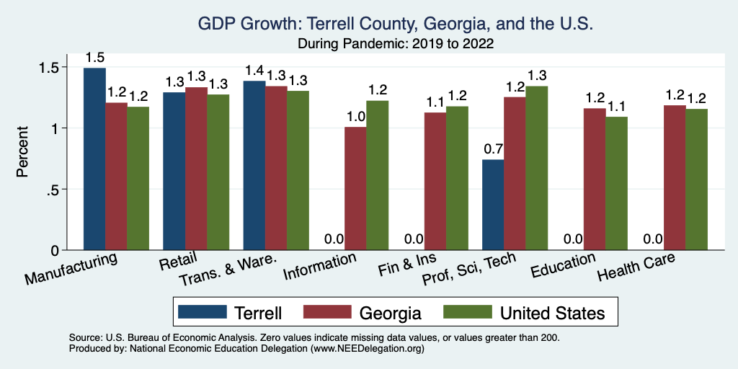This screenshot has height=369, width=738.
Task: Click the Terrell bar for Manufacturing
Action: coord(94,159)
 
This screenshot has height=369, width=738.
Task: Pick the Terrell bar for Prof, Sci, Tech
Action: coord(513,205)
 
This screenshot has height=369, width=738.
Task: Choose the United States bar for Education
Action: coord(616,183)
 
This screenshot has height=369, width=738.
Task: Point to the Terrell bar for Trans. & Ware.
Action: coord(254,165)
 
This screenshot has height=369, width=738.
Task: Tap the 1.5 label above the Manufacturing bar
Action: coord(94,57)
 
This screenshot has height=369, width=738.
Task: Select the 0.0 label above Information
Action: coord(333,239)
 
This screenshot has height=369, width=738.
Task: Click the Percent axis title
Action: coord(24,153)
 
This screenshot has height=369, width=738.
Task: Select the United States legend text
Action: coord(552,312)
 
